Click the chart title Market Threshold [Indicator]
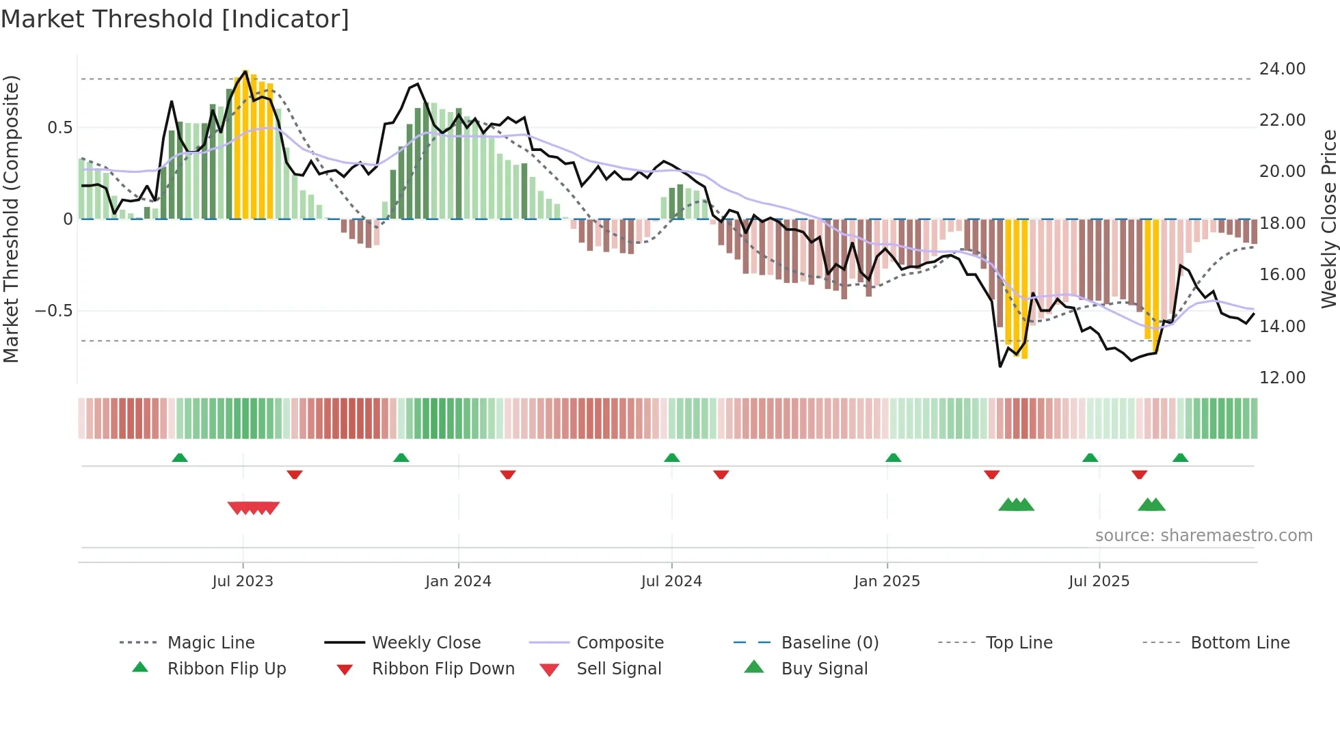tap(175, 19)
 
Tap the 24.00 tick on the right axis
tap(1282, 69)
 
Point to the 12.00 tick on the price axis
tap(1282, 378)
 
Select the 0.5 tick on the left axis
tap(60, 128)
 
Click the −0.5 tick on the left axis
tap(54, 311)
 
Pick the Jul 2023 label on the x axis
tap(243, 581)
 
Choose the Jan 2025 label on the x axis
tap(887, 581)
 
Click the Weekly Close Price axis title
tap(1328, 219)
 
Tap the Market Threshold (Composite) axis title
tap(11, 219)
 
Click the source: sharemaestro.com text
tap(1203, 536)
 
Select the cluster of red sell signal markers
tap(254, 508)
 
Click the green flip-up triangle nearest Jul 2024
tap(671, 458)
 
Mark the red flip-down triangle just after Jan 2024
tap(507, 474)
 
